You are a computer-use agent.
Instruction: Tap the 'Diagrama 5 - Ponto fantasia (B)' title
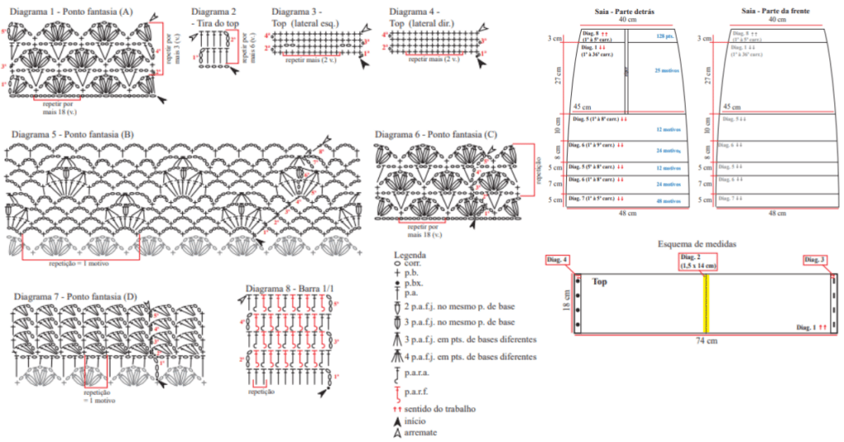click(x=73, y=134)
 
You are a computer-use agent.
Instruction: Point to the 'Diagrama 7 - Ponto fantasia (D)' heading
click(x=75, y=295)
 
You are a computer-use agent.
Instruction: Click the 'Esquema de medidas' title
click(x=696, y=244)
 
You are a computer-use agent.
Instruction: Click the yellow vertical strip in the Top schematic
click(x=706, y=303)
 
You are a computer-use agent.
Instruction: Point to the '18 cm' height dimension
click(x=566, y=303)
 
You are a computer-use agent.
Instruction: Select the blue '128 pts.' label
click(x=665, y=36)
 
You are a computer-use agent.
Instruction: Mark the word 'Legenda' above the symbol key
click(x=410, y=255)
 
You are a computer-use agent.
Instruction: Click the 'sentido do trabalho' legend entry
click(x=441, y=409)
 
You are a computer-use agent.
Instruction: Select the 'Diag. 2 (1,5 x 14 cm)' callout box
click(x=697, y=261)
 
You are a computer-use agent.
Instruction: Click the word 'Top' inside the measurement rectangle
click(x=599, y=281)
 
